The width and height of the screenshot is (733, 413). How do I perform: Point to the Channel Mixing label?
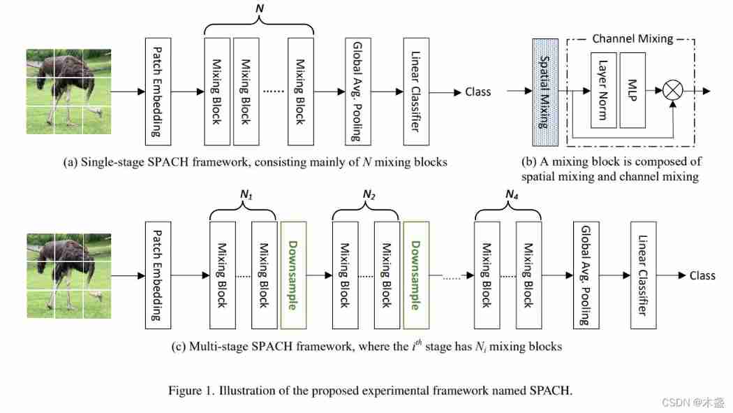[x=632, y=38]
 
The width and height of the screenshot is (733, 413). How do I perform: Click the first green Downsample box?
[x=293, y=275]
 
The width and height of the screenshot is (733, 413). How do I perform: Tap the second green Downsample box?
[x=417, y=275]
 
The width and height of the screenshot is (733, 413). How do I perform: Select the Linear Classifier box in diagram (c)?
[x=644, y=275]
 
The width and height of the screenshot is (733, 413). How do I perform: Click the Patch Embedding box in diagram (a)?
[x=157, y=91]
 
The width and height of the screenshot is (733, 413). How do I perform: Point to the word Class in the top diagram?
[x=477, y=92]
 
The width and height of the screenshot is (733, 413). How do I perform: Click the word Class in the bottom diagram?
[x=702, y=275]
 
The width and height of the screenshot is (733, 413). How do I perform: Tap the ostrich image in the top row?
[x=68, y=91]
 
